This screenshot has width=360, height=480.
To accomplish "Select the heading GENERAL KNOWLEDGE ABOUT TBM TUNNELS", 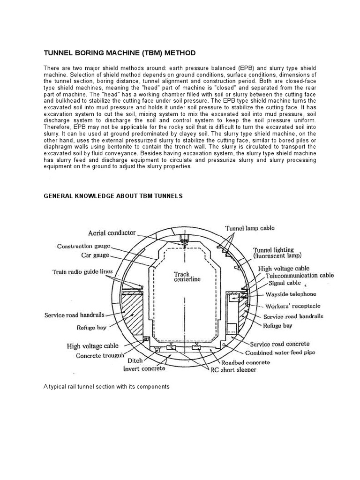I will pos(113,196).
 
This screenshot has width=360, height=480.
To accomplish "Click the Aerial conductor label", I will pos(112,233).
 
